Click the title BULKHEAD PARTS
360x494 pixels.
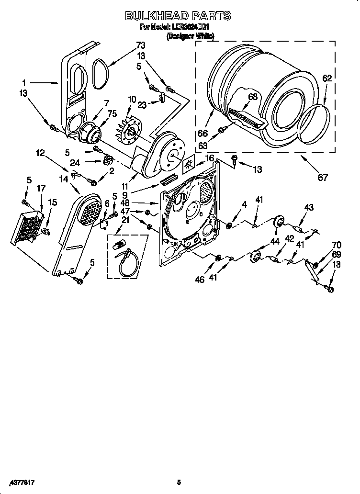[178, 16]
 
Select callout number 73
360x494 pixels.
[140, 45]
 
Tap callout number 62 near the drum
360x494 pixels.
[326, 79]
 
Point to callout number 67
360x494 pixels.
[323, 178]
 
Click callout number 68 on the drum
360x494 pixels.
[253, 97]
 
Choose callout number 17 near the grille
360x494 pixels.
[42, 189]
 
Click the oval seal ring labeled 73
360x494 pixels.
[100, 74]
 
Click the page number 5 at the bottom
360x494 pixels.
[178, 482]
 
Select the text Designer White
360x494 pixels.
[190, 35]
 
